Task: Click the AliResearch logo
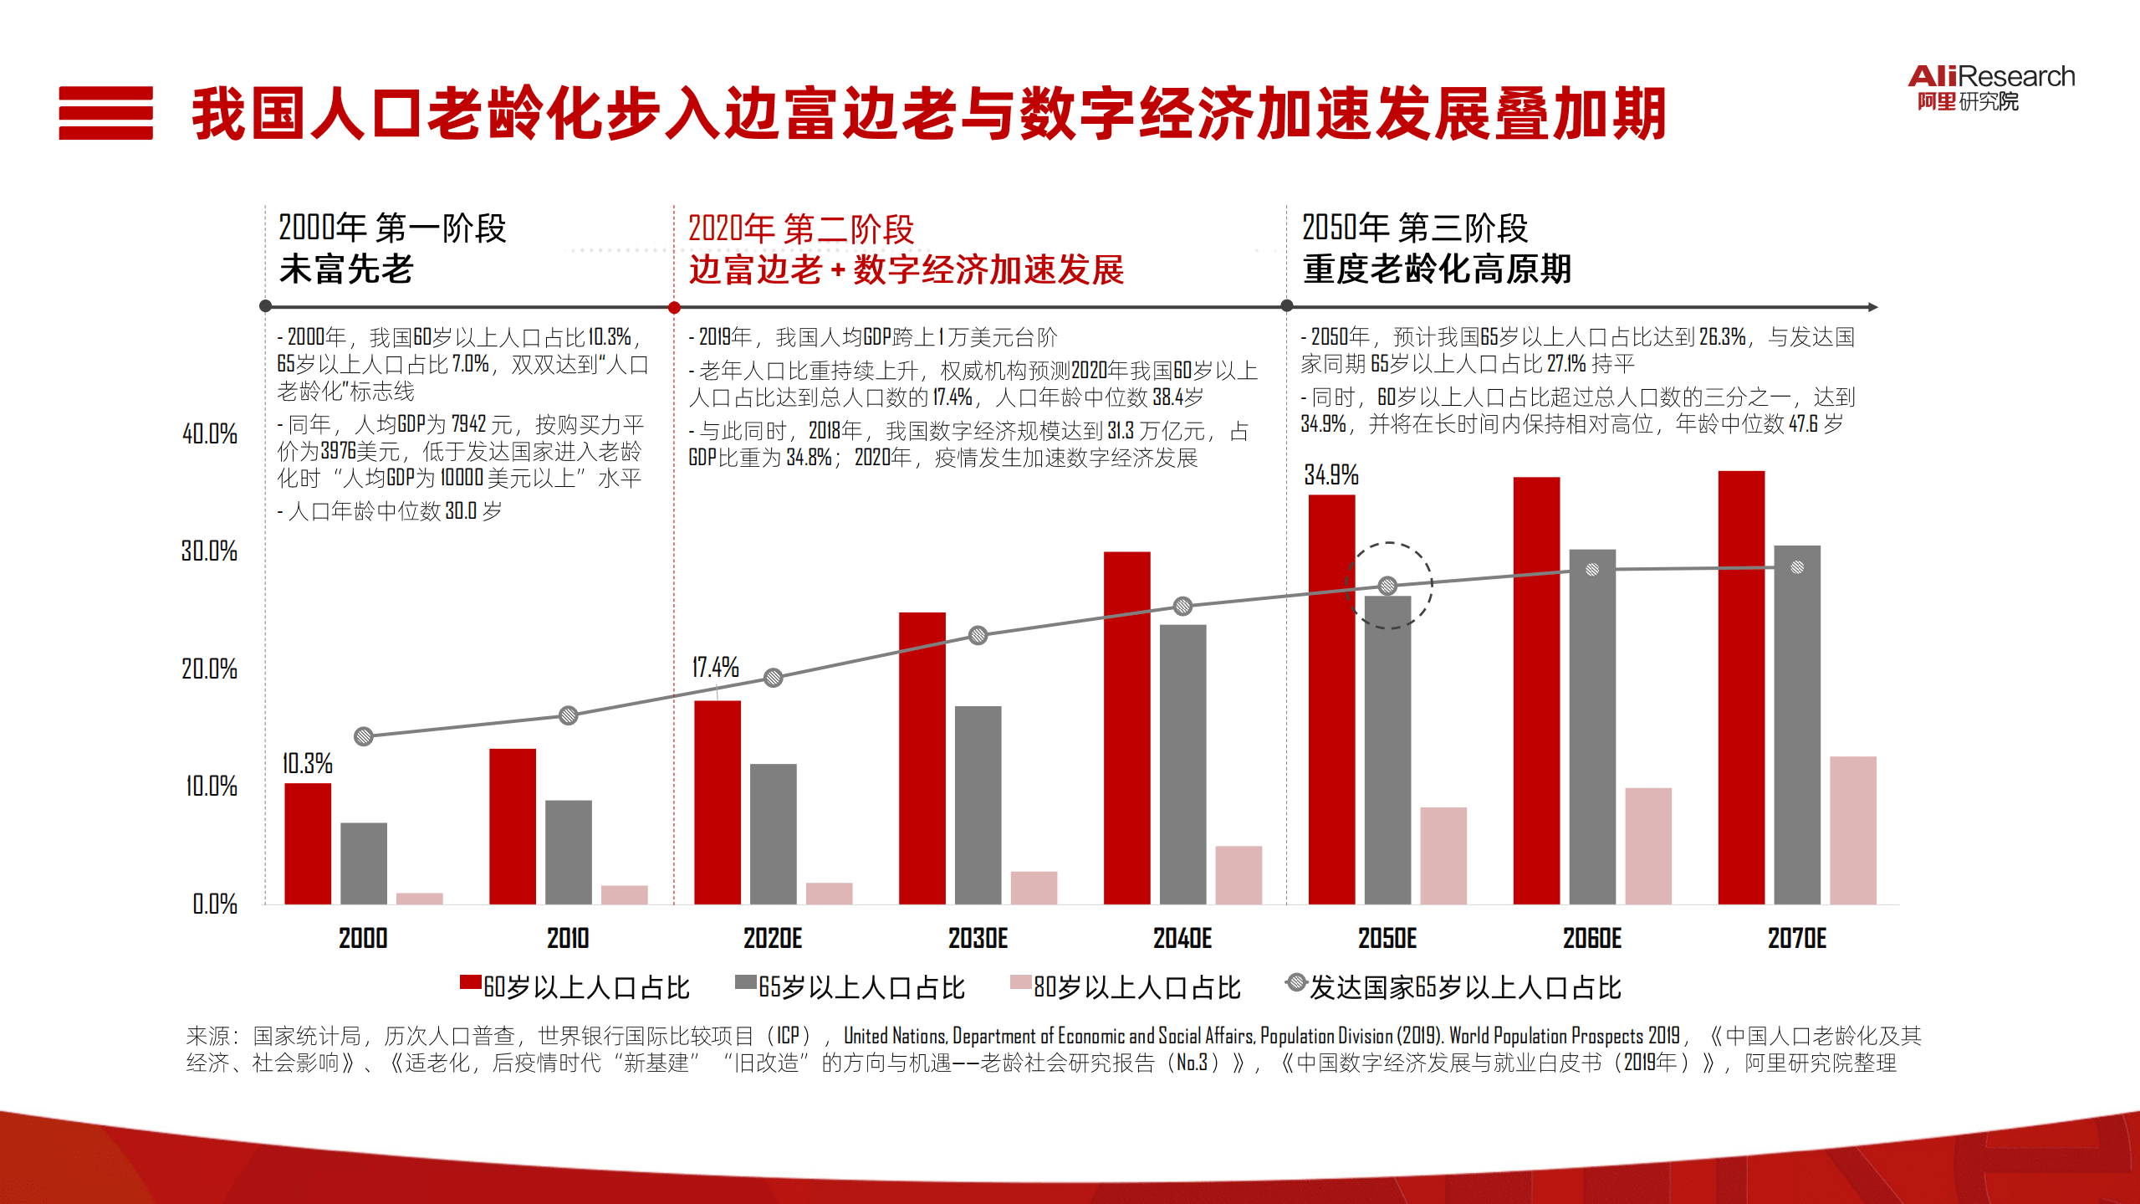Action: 1990,87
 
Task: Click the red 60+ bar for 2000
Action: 307,843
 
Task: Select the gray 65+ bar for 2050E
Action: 1387,749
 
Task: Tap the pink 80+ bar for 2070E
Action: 1852,829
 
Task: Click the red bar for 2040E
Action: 1126,727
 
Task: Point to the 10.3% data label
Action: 307,763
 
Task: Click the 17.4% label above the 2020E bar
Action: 715,667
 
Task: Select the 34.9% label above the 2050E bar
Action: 1330,475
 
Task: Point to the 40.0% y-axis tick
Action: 209,433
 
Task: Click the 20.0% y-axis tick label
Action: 209,669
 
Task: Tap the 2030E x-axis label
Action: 978,938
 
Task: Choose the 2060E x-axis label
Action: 1591,938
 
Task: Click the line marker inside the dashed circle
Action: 1387,586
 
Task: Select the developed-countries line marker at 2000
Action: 363,736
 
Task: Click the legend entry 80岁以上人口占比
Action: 1125,987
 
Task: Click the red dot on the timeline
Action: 674,307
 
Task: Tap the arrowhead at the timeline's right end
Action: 1873,307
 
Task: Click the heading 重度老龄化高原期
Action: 1437,269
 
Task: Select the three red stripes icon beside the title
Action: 105,113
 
